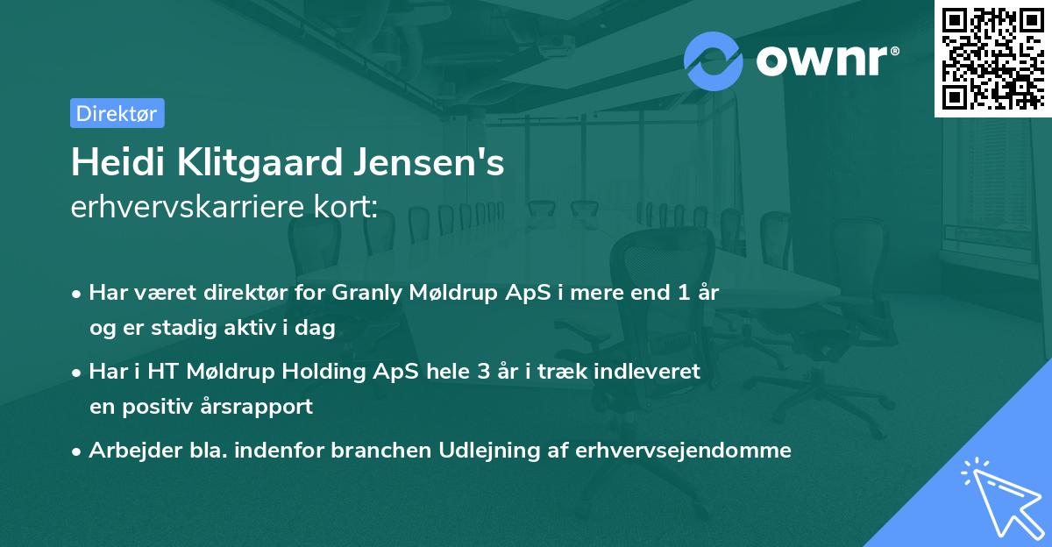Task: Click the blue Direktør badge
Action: tap(117, 113)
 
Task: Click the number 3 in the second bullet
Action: tap(482, 372)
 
